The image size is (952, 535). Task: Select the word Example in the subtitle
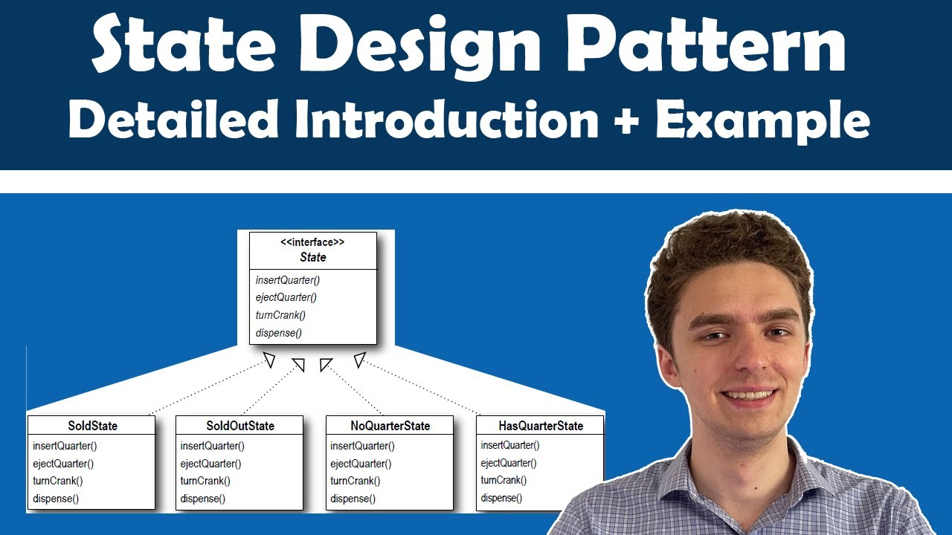tap(763, 120)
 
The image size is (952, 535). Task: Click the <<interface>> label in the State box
tap(312, 242)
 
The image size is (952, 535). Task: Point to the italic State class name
tap(312, 257)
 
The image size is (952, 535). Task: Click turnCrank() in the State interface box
tap(280, 315)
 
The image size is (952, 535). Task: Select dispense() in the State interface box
tap(278, 333)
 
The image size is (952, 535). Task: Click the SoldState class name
tap(92, 426)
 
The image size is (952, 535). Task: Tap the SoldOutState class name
tap(239, 426)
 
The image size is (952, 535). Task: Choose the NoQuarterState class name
tap(390, 426)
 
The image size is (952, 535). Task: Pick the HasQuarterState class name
tap(540, 426)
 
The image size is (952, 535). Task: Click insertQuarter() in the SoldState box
tap(65, 446)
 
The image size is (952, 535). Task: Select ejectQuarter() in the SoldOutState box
tap(211, 464)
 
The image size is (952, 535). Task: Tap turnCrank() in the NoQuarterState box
tap(355, 481)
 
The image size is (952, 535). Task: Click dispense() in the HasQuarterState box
tap(501, 498)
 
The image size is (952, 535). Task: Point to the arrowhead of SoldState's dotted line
tap(269, 361)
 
